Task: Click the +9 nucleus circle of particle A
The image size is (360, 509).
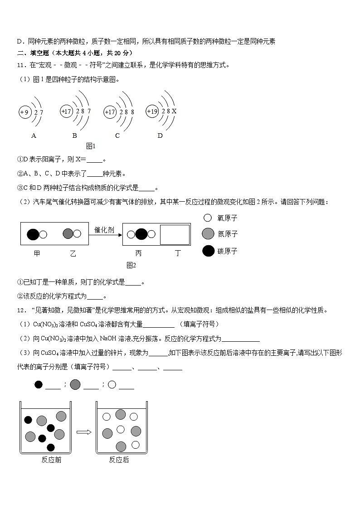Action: coord(24,112)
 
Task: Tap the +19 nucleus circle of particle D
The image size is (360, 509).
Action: coord(152,111)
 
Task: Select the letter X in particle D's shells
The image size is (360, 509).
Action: coord(174,111)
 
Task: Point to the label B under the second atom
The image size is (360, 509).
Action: coord(74,135)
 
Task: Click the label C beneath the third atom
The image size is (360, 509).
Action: coord(117,135)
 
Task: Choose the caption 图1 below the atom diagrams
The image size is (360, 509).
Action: coord(91,146)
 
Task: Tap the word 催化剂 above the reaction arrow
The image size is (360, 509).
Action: coord(105,230)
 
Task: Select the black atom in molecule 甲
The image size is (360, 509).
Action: coord(33,234)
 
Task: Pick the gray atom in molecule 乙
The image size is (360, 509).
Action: coord(68,234)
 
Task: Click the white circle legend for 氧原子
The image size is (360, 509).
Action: coord(208,218)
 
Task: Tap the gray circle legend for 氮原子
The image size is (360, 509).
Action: coord(208,234)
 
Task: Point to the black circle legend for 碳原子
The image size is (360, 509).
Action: coord(208,251)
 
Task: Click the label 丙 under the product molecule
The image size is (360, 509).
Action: coord(138,253)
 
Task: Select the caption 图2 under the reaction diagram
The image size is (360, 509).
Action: coord(131,265)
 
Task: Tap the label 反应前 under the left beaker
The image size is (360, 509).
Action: coord(51,460)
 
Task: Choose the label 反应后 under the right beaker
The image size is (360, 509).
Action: coord(119,460)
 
